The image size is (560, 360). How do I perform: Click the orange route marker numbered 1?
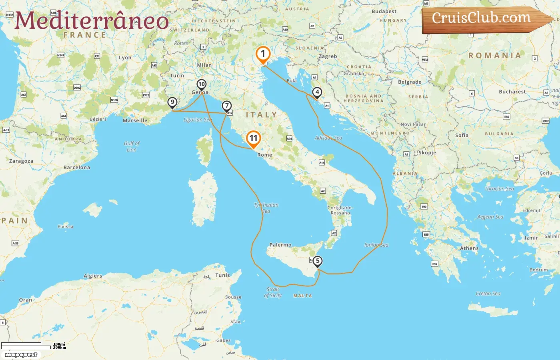tap(263, 54)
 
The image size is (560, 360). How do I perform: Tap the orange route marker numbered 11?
tap(253, 138)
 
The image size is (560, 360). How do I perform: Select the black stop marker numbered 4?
tap(317, 92)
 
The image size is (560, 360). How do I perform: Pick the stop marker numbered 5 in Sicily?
tap(317, 261)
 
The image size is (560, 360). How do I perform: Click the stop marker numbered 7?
tap(227, 106)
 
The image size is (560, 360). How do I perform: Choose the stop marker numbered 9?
tap(172, 102)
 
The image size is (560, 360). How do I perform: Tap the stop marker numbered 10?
tap(202, 84)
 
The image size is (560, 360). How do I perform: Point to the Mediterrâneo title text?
tap(92, 21)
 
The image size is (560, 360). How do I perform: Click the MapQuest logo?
tap(21, 355)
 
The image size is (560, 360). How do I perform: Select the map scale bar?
tap(26, 346)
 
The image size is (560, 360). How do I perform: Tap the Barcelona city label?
tap(77, 168)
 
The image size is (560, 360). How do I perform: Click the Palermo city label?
tap(280, 245)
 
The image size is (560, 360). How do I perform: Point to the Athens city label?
tap(469, 248)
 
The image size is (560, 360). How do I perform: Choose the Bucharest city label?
tap(512, 92)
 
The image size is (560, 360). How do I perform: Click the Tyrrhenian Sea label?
tap(266, 208)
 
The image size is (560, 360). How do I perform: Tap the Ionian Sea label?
tap(376, 245)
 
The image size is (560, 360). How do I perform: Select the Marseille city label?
tap(135, 120)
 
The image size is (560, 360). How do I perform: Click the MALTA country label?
tap(302, 296)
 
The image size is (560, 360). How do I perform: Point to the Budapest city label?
tap(384, 12)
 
